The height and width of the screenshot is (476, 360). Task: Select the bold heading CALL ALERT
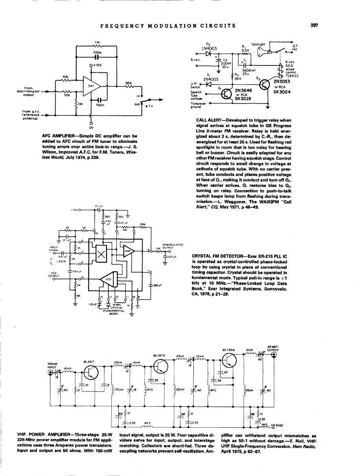click(209, 121)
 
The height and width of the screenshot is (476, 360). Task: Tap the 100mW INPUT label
click(52, 365)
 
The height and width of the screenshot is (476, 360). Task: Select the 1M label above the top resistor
click(96, 42)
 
